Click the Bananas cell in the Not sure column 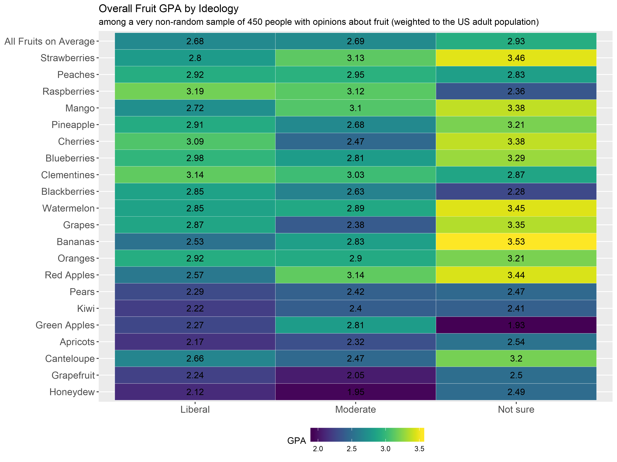(x=516, y=241)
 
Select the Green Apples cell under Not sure (x=516, y=325)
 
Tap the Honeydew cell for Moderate (x=355, y=392)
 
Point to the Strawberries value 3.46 (x=516, y=58)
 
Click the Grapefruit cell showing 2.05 (x=355, y=375)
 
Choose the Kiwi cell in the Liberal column (x=195, y=308)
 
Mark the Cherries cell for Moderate (x=355, y=141)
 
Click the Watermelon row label (x=68, y=208)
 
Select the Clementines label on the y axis (x=68, y=175)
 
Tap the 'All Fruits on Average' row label (x=50, y=41)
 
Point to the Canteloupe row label (x=70, y=358)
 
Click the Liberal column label (x=195, y=409)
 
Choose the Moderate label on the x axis (x=355, y=409)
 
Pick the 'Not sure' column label (x=516, y=409)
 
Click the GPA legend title (x=296, y=441)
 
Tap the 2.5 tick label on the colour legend (x=351, y=449)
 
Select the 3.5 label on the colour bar (x=419, y=449)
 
